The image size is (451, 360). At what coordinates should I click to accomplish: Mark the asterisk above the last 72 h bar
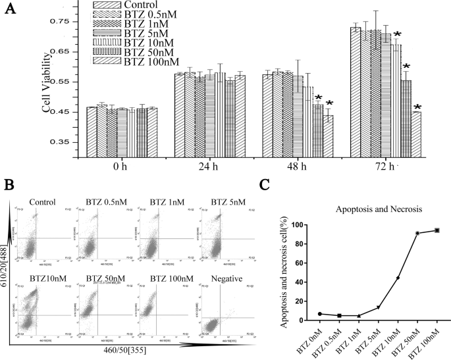click(x=417, y=107)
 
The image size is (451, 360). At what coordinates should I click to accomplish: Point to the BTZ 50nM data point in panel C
click(x=417, y=234)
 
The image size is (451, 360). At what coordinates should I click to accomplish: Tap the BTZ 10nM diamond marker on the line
click(x=398, y=278)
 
